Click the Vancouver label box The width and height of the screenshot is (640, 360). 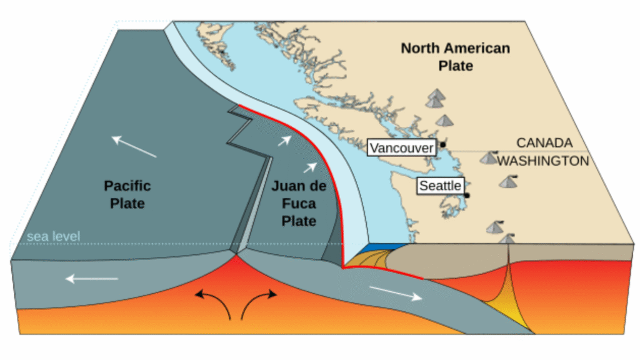click(x=401, y=148)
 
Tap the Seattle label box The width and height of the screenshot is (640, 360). click(x=440, y=186)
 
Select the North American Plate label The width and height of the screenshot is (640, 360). click(x=455, y=56)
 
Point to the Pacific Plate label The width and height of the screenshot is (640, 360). click(x=127, y=194)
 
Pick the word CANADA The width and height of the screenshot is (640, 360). click(x=544, y=142)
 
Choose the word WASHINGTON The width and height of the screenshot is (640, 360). click(x=543, y=161)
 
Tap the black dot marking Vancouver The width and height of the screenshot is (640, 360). click(x=442, y=145)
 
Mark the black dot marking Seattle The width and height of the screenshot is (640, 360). click(x=467, y=195)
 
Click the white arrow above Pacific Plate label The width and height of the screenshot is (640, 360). click(x=134, y=147)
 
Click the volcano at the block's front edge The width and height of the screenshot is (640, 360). click(x=507, y=238)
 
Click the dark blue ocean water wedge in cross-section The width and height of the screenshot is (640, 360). click(x=382, y=247)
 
